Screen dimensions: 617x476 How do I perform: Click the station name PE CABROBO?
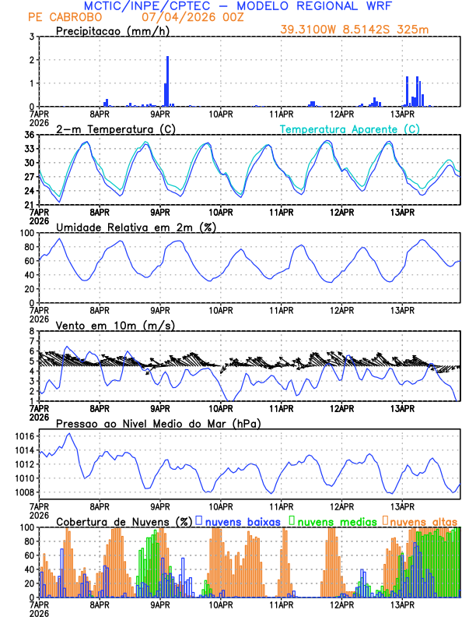pyautogui.click(x=58, y=16)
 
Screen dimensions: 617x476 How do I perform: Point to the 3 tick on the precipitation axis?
pyautogui.click(x=31, y=37)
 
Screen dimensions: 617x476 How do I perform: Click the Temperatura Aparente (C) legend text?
pyautogui.click(x=349, y=129)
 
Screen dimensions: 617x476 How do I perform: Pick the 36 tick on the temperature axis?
pyautogui.click(x=29, y=136)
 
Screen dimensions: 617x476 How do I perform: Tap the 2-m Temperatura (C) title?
pyautogui.click(x=114, y=129)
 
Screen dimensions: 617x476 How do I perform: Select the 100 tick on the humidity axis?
pyautogui.click(x=26, y=233)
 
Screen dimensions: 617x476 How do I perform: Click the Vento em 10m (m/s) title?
pyautogui.click(x=115, y=325)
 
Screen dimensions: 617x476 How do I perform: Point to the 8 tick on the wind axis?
pyautogui.click(x=31, y=331)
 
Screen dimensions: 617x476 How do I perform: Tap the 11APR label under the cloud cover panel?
pyautogui.click(x=281, y=605)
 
